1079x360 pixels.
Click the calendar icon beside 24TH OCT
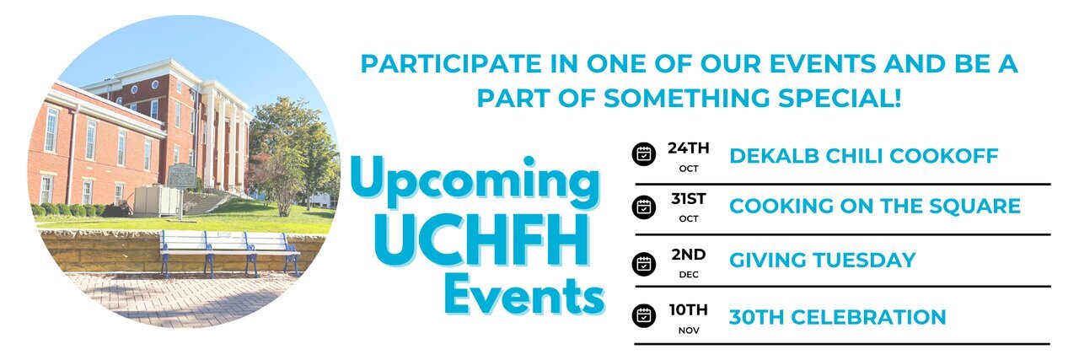643,154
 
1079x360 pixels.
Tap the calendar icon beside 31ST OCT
643,207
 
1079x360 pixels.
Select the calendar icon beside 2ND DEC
643,264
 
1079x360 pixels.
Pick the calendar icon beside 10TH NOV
643,315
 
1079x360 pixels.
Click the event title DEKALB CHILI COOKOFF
864,156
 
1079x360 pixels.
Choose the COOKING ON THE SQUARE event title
875,206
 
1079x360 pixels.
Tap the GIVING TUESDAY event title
822,261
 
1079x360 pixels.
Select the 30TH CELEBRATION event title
838,317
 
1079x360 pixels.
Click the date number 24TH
689,148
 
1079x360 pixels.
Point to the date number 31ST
689,199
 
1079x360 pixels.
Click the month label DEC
689,275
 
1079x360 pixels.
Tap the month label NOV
689,330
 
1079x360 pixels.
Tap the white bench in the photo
230,253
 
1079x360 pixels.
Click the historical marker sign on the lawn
182,177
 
